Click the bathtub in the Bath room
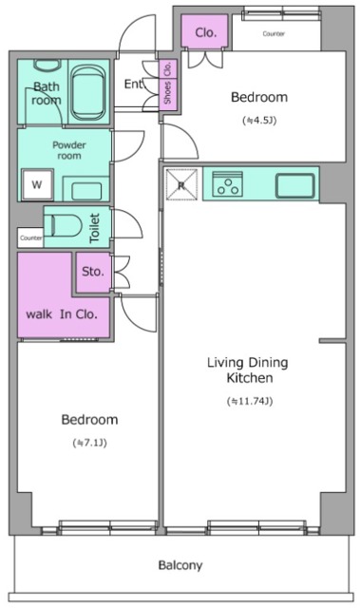click(88, 92)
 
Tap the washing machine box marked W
click(37, 184)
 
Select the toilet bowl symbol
click(66, 225)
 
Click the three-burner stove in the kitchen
click(228, 183)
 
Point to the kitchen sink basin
click(294, 186)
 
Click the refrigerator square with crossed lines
click(181, 184)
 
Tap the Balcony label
click(180, 565)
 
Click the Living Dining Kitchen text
click(248, 370)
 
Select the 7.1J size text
click(90, 443)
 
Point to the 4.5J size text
click(259, 121)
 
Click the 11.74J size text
click(250, 401)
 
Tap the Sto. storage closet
click(93, 273)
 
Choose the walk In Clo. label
click(61, 314)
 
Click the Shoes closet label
click(167, 93)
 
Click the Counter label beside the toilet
click(31, 238)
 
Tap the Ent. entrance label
click(134, 84)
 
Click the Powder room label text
click(69, 150)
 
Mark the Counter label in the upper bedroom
click(274, 34)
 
